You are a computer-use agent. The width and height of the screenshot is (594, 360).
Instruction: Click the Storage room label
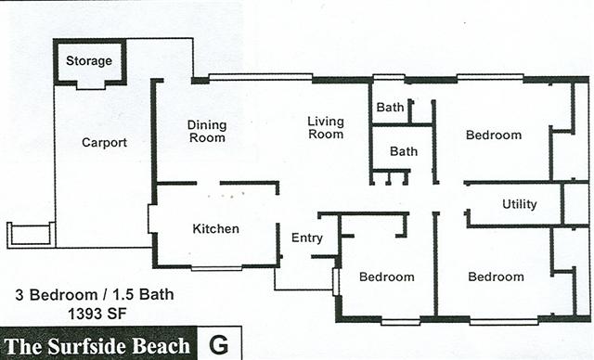(x=89, y=60)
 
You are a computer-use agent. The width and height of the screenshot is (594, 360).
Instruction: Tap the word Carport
(x=104, y=143)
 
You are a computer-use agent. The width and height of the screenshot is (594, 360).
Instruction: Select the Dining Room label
(x=207, y=131)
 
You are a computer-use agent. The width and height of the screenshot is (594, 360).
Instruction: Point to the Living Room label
(x=326, y=127)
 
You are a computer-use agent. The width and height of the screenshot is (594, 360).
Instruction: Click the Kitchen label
(x=215, y=228)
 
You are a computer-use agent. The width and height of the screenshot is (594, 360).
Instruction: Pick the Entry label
(x=307, y=238)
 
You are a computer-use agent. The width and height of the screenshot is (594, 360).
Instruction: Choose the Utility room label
(x=520, y=204)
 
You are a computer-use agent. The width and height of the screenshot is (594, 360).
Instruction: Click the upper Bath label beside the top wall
(x=390, y=107)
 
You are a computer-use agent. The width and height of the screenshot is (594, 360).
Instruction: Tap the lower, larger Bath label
(x=404, y=151)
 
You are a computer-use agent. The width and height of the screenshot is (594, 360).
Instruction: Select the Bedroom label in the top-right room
(x=494, y=135)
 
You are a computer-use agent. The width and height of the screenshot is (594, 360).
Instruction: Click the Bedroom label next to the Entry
(x=387, y=276)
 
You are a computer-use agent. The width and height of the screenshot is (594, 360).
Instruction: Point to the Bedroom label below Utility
(x=496, y=276)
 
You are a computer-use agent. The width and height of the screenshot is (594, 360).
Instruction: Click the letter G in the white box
(x=219, y=344)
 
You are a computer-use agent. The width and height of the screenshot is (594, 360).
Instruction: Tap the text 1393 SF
(x=97, y=314)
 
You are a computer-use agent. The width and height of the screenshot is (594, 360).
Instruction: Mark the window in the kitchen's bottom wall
(x=216, y=268)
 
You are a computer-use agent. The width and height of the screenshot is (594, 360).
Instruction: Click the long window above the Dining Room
(x=261, y=77)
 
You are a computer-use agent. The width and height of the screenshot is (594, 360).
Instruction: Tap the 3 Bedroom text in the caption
(x=57, y=294)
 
